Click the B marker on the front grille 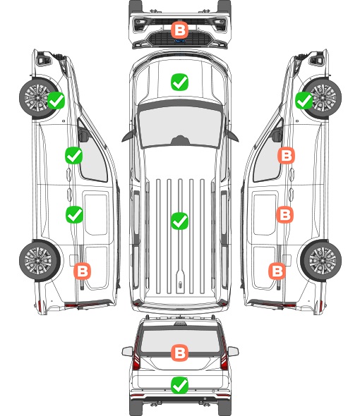179,30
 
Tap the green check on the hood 179,82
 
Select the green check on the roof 179,221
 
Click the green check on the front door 74,155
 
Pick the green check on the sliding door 74,214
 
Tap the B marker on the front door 286,156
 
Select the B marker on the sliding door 285,214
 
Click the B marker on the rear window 179,353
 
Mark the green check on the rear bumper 179,385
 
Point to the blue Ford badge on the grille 179,41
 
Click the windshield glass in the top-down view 180,126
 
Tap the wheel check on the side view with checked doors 56,101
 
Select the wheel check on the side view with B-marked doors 304,101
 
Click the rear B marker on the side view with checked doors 82,271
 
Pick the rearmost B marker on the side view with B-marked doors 277,271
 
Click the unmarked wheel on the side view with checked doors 39,261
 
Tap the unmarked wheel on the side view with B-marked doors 321,261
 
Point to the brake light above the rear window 180,323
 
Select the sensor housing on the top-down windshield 180,140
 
